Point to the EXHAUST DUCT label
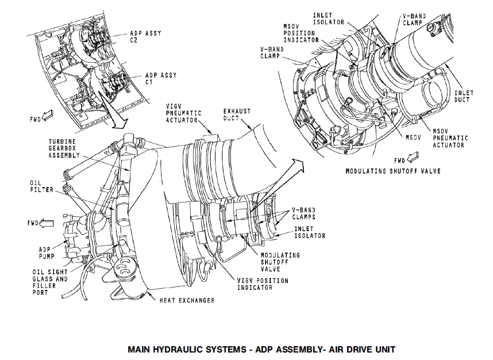click(237, 114)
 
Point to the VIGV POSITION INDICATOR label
click(263, 284)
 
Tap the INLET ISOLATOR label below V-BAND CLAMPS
click(310, 231)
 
